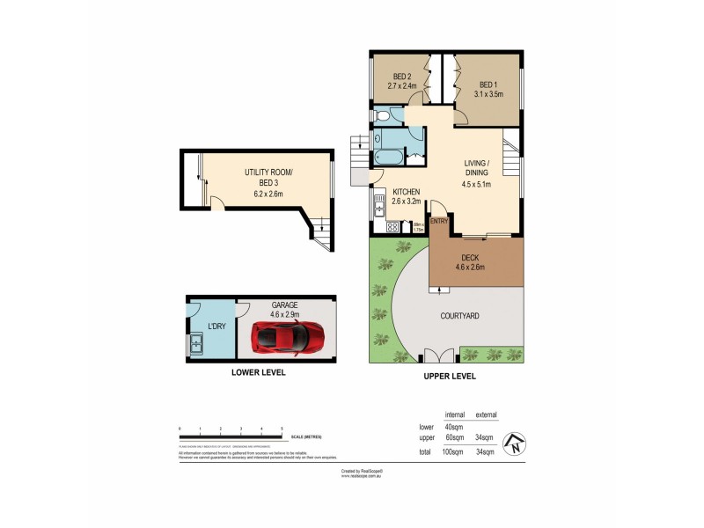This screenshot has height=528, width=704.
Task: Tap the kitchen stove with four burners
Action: [392, 226]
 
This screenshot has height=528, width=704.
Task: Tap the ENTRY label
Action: [439, 221]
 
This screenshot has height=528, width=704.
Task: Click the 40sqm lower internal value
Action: [454, 427]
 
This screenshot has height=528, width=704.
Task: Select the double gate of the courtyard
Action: [432, 356]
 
